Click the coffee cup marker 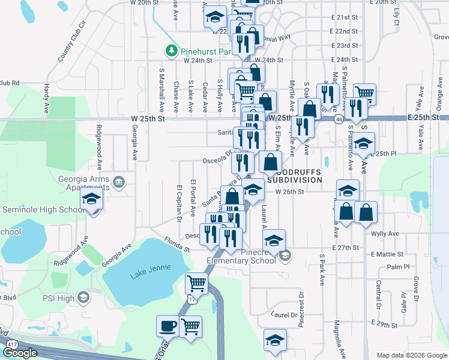[x=167, y=326]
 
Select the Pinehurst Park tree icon [x=172, y=50]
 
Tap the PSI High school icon [x=85, y=298]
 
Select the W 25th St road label [x=148, y=119]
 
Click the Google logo [x=20, y=353]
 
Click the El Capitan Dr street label [x=179, y=203]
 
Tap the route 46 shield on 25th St [x=339, y=120]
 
